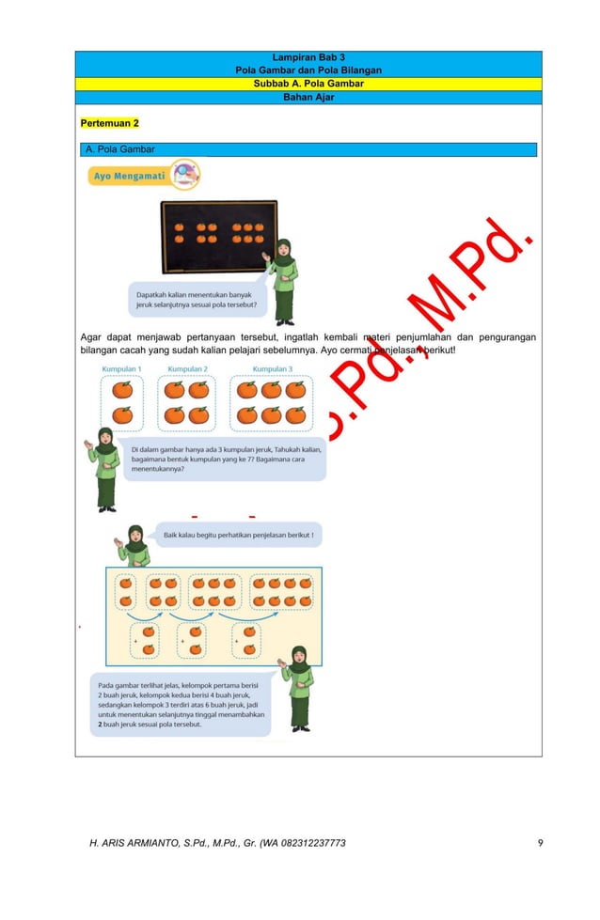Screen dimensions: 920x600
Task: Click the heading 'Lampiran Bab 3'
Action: [x=308, y=58]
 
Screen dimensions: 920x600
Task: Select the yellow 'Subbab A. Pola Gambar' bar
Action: [x=308, y=84]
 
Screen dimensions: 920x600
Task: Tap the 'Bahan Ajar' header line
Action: [x=308, y=97]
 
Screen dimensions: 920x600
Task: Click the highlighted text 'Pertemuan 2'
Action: [x=110, y=124]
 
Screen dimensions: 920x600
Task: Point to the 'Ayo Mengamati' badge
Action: [x=143, y=175]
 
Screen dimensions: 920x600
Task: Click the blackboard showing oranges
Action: [x=219, y=235]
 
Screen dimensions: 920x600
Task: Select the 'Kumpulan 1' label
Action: [x=121, y=369]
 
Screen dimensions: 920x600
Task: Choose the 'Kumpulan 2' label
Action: [x=187, y=369]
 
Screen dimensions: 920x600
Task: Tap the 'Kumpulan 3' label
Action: [x=272, y=369]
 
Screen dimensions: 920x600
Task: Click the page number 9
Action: [x=540, y=843]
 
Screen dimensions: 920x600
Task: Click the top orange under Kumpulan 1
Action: [x=122, y=390]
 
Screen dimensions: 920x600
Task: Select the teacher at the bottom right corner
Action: [x=300, y=688]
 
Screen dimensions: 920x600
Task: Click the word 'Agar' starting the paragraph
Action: [x=90, y=337]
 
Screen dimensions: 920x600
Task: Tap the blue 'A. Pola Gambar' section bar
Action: [x=308, y=149]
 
